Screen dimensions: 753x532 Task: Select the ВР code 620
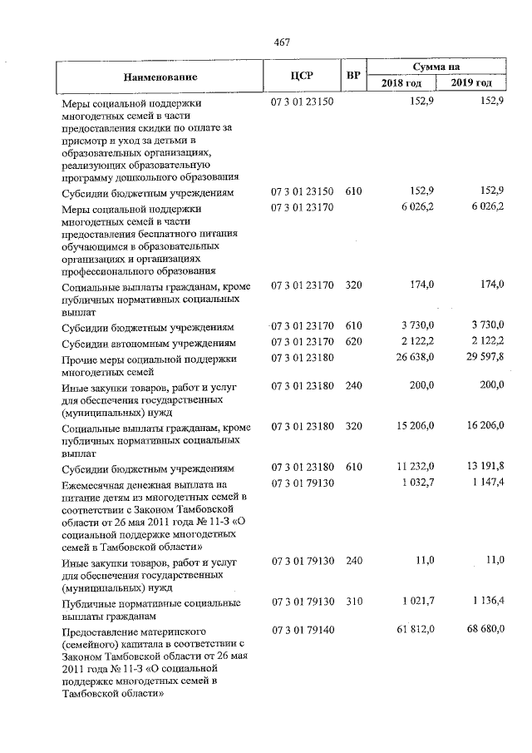(354, 343)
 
